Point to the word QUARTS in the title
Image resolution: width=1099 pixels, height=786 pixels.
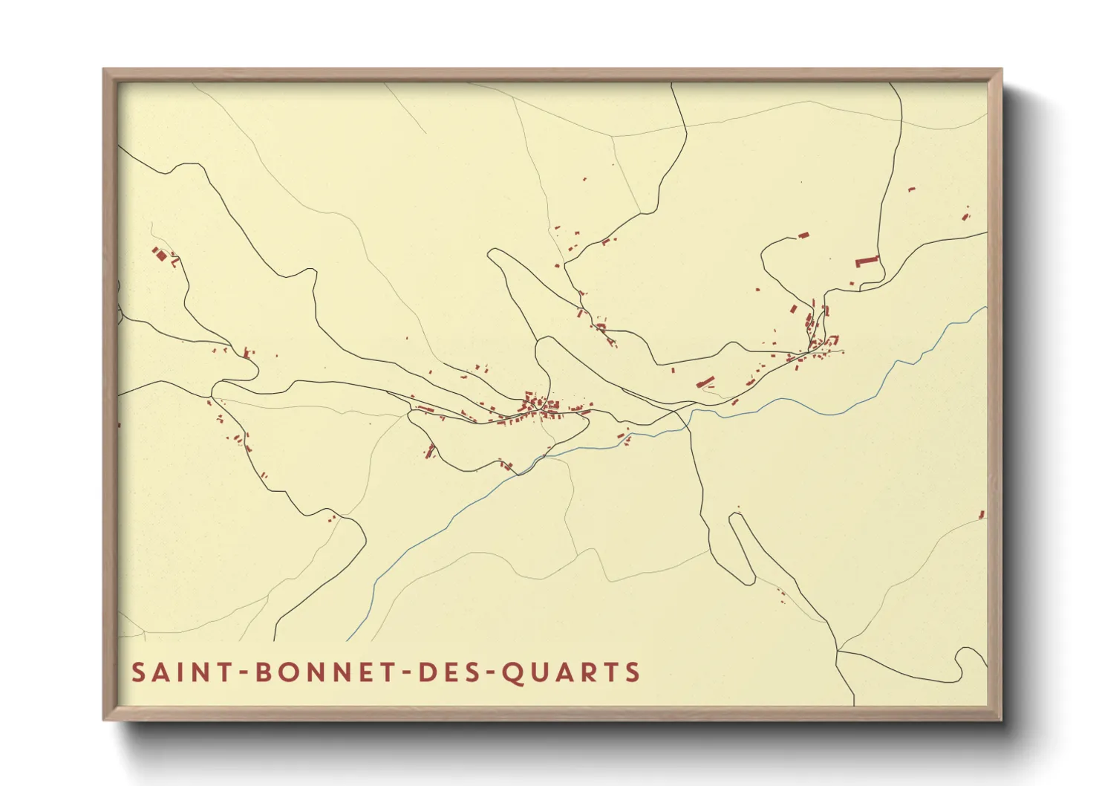coord(570,672)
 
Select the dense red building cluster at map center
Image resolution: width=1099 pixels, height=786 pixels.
coord(541,405)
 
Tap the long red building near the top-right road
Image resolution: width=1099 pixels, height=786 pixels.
coord(866,261)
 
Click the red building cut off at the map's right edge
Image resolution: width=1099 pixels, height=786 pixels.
coord(982,514)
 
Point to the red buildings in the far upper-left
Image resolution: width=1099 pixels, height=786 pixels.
coord(160,255)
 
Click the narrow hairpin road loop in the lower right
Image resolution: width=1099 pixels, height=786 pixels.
coord(743,546)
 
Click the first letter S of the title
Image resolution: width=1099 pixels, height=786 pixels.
coord(138,672)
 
